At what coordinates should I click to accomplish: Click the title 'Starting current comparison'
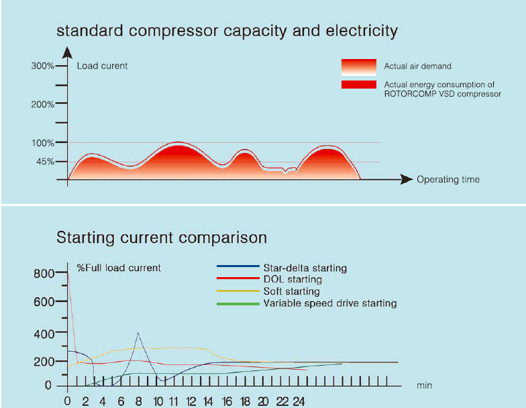pyautogui.click(x=162, y=238)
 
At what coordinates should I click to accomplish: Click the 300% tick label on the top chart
pyautogui.click(x=42, y=66)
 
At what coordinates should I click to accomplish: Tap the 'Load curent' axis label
pyautogui.click(x=102, y=66)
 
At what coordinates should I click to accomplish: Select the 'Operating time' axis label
pyautogui.click(x=448, y=179)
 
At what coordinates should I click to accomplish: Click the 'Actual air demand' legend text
pyautogui.click(x=417, y=66)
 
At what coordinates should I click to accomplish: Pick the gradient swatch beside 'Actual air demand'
pyautogui.click(x=358, y=66)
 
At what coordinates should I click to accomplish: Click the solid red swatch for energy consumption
pyautogui.click(x=358, y=85)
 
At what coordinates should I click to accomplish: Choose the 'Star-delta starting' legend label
pyautogui.click(x=305, y=268)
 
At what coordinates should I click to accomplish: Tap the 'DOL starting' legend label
pyautogui.click(x=293, y=279)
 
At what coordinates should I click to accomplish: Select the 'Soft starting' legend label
pyautogui.click(x=291, y=291)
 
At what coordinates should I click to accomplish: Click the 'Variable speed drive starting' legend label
pyautogui.click(x=329, y=303)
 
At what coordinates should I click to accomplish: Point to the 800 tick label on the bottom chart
pyautogui.click(x=42, y=274)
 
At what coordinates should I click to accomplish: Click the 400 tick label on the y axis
pyautogui.click(x=42, y=334)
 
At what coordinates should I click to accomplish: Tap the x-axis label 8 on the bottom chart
pyautogui.click(x=139, y=401)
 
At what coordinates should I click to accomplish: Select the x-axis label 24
pyautogui.click(x=298, y=401)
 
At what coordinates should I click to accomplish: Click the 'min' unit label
pyautogui.click(x=424, y=386)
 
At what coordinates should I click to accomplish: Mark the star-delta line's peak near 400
pyautogui.click(x=138, y=332)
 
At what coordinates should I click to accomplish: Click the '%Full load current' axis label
pyautogui.click(x=119, y=268)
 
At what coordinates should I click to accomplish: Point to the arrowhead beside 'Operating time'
pyautogui.click(x=406, y=179)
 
